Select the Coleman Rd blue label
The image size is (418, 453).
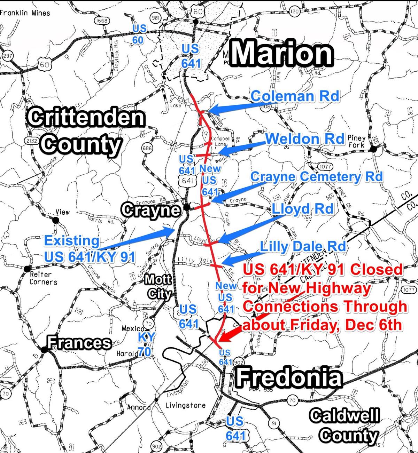[x=295, y=96]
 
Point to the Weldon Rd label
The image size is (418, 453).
[x=304, y=139]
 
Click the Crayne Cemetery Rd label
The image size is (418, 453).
[x=316, y=177]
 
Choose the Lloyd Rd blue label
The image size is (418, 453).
[x=302, y=209]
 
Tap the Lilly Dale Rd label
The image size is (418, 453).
[x=303, y=246]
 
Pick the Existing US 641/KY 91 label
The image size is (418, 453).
[x=89, y=248]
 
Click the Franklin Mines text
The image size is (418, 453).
[x=25, y=13]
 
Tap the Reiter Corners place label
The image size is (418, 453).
[x=43, y=278]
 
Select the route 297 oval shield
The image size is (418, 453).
[x=7, y=56]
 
